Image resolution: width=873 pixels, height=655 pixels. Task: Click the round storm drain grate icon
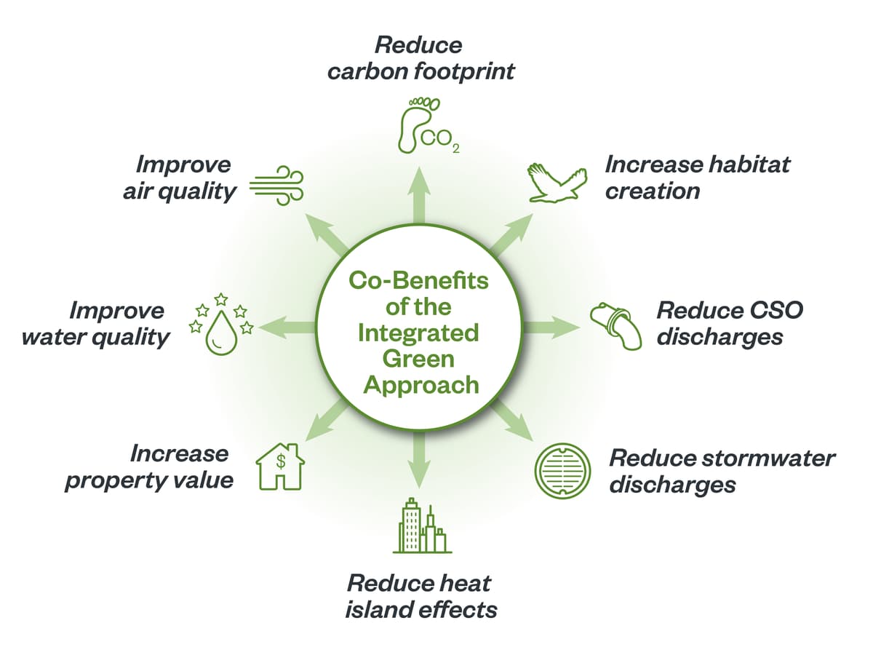click(563, 471)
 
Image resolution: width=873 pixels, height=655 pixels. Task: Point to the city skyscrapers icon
click(422, 525)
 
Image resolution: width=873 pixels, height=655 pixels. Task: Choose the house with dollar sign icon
click(280, 467)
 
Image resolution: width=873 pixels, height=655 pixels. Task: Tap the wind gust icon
click(277, 186)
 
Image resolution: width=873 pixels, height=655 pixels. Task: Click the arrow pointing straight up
click(419, 196)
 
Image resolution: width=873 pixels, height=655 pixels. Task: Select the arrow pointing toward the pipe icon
click(552, 327)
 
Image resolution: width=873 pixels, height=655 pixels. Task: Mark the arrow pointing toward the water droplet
click(287, 327)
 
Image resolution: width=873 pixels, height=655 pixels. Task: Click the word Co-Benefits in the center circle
click(418, 281)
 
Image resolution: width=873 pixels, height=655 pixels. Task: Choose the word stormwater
click(768, 458)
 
